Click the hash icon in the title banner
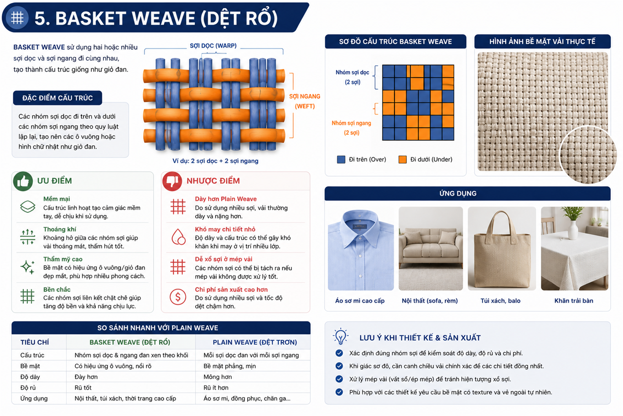17,18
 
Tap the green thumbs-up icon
23,181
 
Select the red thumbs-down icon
172,181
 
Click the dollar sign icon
178,297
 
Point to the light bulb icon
340,337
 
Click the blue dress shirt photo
361,249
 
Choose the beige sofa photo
431,249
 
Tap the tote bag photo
502,249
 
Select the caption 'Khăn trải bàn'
574,301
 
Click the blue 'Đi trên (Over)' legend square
341,159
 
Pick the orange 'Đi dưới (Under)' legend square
402,159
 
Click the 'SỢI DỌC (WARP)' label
213,46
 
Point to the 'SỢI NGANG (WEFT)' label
305,101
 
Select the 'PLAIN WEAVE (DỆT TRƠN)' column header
255,342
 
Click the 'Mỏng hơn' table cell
218,377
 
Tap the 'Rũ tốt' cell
83,388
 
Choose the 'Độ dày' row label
30,377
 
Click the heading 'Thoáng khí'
60,229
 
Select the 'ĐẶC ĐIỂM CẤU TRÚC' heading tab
57,98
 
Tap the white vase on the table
573,230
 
